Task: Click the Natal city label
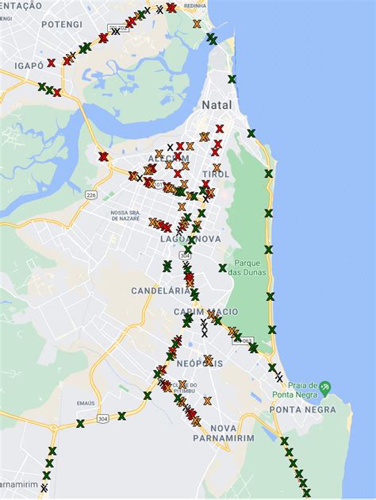click(217, 105)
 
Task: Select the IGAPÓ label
click(29, 65)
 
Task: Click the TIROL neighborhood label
click(216, 174)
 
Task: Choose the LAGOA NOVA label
click(185, 238)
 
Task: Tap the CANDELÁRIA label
click(156, 290)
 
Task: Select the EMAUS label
click(87, 403)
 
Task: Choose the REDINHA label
click(194, 6)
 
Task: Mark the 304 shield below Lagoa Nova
click(185, 256)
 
